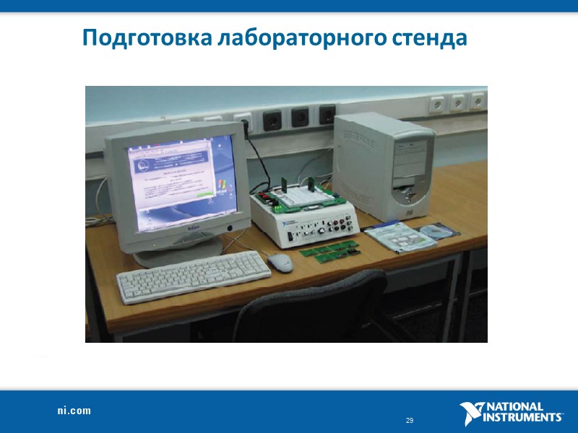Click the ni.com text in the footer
[x=74, y=411]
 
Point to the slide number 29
[x=410, y=421]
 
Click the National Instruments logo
[x=511, y=412]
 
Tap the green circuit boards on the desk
[x=329, y=250]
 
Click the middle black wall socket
[x=298, y=115]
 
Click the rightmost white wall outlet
[x=478, y=102]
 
